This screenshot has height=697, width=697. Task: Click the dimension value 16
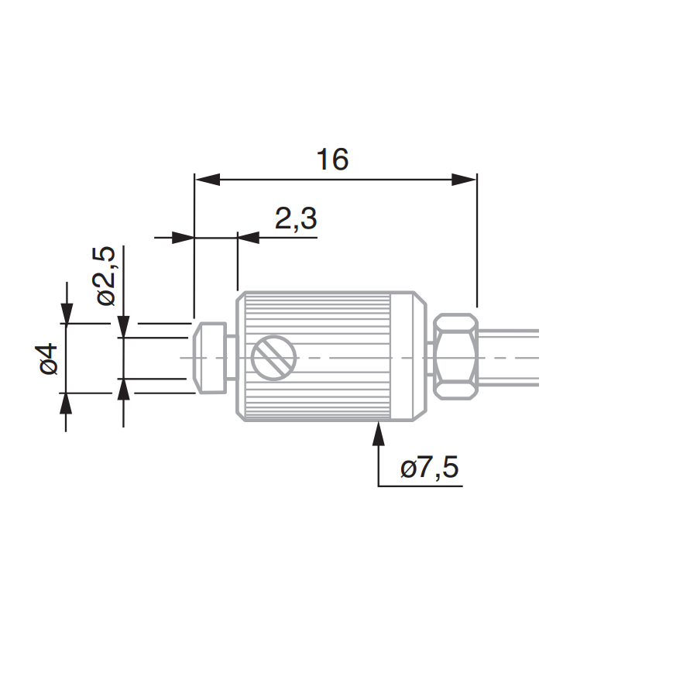332,160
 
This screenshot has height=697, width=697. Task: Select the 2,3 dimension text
296,218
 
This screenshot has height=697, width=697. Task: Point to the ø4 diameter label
49,359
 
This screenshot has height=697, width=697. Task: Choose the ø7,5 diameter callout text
429,468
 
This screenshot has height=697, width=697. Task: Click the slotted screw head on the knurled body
273,358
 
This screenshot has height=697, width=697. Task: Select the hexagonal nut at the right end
455,356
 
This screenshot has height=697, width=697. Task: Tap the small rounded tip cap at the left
209,358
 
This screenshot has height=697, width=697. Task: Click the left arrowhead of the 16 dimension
207,180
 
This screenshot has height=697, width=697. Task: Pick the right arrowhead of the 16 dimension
464,180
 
